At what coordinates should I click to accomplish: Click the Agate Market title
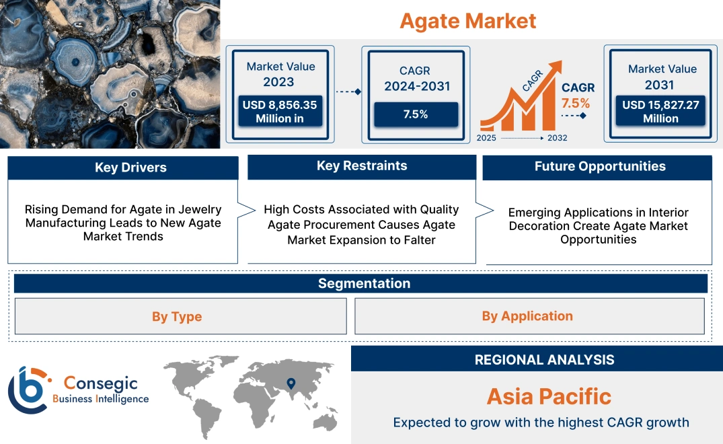[x=468, y=20]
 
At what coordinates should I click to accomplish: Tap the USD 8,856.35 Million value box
[x=279, y=112]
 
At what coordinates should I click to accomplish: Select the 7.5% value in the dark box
[x=416, y=114]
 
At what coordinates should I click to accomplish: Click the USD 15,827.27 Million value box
[x=660, y=112]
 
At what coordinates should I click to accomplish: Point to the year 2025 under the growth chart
[x=488, y=138]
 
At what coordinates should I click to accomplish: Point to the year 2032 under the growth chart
[x=557, y=138]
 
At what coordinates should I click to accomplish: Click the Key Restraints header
[x=362, y=166]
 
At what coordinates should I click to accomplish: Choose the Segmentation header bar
[x=364, y=283]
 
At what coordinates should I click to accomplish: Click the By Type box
[x=177, y=316]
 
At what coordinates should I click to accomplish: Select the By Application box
[x=527, y=316]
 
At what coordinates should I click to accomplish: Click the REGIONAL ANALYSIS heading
[x=544, y=360]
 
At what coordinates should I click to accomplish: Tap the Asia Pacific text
[x=549, y=396]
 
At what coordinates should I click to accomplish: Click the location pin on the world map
[x=291, y=383]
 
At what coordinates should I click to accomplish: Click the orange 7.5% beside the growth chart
[x=576, y=103]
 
